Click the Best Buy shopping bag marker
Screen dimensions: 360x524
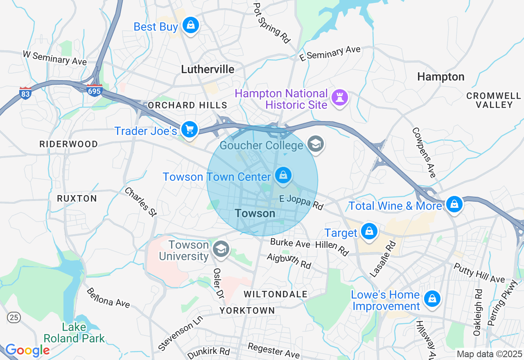[x=190, y=25]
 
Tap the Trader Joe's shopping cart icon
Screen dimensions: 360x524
[x=190, y=130]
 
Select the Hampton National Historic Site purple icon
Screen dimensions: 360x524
[x=340, y=98]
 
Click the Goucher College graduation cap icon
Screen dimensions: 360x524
[x=316, y=144]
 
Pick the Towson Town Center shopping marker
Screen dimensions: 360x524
[x=283, y=176]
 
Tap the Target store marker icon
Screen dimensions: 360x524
[x=369, y=232]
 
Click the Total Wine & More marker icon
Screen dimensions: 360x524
[x=454, y=204]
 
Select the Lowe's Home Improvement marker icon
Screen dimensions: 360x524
[x=432, y=299]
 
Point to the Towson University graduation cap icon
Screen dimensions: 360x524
[x=221, y=249]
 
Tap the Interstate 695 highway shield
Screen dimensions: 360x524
[x=94, y=90]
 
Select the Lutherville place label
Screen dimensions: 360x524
[x=208, y=69]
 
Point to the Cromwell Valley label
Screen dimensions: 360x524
[x=494, y=100]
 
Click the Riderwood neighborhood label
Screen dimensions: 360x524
[x=69, y=144]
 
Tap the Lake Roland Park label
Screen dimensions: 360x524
[x=74, y=333]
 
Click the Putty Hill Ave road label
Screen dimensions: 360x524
[x=479, y=273]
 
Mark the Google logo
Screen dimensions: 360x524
[x=27, y=350]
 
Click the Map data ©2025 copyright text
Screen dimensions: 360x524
[x=489, y=353]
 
